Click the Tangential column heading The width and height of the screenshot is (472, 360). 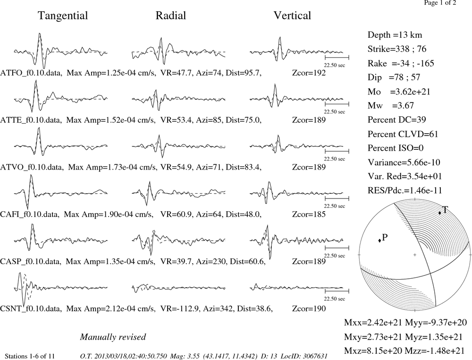(63, 16)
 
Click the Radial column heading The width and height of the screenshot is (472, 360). (171, 16)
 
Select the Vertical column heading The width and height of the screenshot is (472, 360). (292, 16)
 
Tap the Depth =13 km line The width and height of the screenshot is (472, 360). (395, 35)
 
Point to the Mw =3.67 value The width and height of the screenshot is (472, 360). (391, 105)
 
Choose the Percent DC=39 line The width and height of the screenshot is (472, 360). (397, 120)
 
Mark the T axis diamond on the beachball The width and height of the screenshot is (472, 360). (440, 213)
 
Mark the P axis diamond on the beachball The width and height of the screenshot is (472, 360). (379, 240)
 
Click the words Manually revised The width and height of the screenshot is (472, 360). (113, 337)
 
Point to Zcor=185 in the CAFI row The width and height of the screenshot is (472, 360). (309, 214)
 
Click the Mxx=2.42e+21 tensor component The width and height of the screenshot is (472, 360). (373, 322)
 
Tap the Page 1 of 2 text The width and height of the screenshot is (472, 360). (440, 3)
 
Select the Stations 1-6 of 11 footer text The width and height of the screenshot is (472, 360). (30, 356)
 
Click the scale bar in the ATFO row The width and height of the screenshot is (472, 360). (337, 57)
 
